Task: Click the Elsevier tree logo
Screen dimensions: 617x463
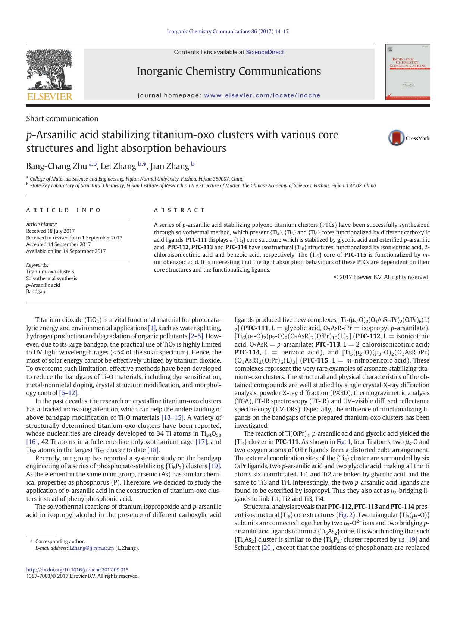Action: pyautogui.click(x=49, y=71)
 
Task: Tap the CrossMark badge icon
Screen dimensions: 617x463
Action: pyautogui.click(x=396, y=138)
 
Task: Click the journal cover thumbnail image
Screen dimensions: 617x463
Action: pyautogui.click(x=407, y=72)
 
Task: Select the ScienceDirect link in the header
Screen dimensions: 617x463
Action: pyautogui.click(x=265, y=52)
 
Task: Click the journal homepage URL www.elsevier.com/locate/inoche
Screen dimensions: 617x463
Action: pyautogui.click(x=262, y=95)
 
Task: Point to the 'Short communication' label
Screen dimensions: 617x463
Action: pyautogui.click(x=62, y=119)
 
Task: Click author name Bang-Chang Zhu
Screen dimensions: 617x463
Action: pyautogui.click(x=56, y=166)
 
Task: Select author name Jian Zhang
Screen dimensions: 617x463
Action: pyautogui.click(x=170, y=166)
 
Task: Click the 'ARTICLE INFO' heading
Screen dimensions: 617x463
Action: pyautogui.click(x=63, y=210)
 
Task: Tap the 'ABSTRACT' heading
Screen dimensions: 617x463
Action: pyautogui.click(x=179, y=210)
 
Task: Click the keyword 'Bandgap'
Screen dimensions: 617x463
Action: pyautogui.click(x=36, y=291)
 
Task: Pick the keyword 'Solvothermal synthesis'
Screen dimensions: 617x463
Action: pyautogui.click(x=51, y=278)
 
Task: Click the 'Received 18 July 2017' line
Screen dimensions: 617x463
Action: pyautogui.click(x=50, y=231)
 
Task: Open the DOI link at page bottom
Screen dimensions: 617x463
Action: pyautogui.click(x=77, y=570)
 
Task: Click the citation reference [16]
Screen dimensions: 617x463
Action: pyautogui.click(x=32, y=442)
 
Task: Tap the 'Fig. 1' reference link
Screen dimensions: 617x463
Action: pyautogui.click(x=344, y=442)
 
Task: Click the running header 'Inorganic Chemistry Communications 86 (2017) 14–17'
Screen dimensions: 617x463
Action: pyautogui.click(x=228, y=32)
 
